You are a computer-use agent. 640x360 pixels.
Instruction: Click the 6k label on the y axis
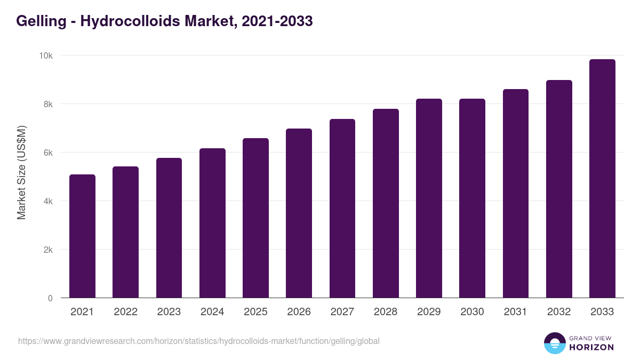(x=48, y=153)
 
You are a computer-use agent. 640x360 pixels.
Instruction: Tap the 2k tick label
(x=48, y=250)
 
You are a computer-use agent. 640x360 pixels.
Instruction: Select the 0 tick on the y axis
(x=50, y=299)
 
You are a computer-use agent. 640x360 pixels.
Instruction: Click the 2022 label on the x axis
(x=125, y=312)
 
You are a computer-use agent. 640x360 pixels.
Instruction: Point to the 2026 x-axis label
(x=299, y=312)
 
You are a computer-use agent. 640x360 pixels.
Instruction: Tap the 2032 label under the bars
(x=559, y=312)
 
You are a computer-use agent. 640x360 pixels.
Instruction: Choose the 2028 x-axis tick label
(x=386, y=312)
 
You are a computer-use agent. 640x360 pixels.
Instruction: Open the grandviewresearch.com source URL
(x=199, y=341)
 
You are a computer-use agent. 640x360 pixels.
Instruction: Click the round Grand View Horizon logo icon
(x=554, y=343)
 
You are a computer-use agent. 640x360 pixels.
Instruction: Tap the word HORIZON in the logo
(x=591, y=347)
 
